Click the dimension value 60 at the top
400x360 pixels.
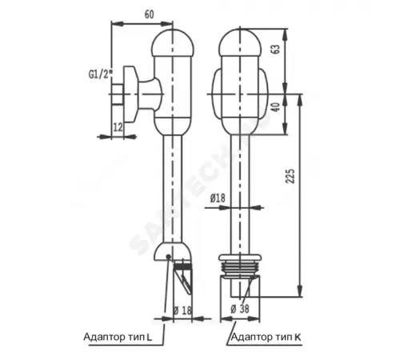(x=150, y=14)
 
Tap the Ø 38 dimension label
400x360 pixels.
(x=238, y=310)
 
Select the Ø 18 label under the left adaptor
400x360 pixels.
(x=183, y=310)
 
